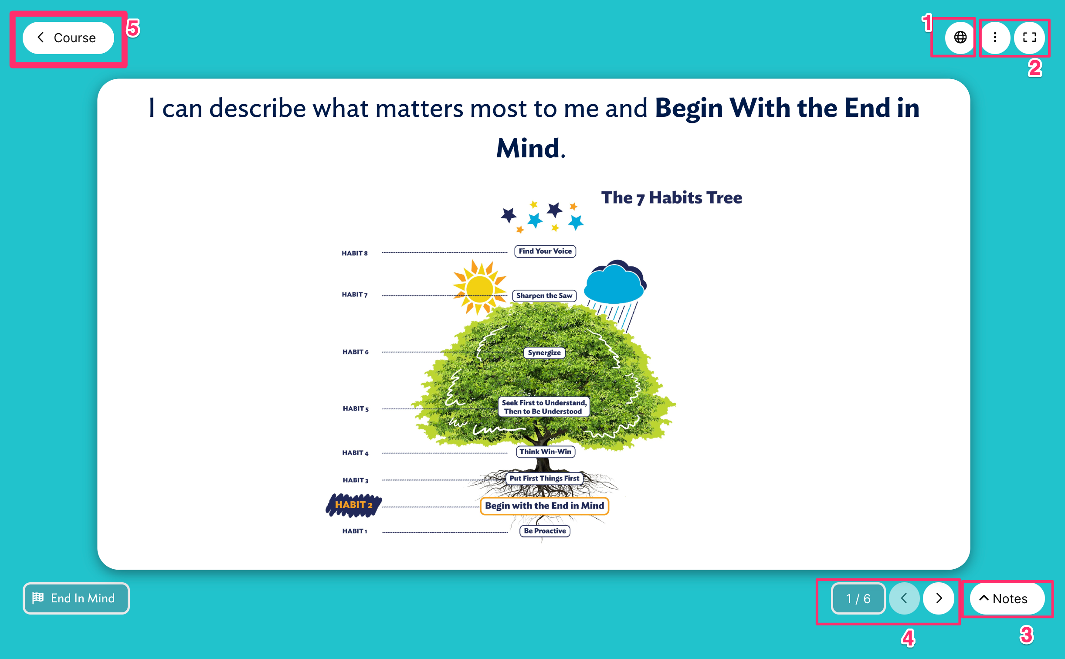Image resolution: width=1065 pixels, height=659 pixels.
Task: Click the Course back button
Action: pos(68,38)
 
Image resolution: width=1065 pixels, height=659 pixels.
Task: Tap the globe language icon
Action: pos(960,37)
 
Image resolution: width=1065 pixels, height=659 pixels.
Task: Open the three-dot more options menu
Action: pos(995,37)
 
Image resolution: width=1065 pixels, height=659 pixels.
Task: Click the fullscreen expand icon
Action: pos(1029,37)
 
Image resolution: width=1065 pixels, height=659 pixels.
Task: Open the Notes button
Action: pos(1007,598)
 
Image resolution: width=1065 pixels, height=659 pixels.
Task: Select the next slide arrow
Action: pos(939,598)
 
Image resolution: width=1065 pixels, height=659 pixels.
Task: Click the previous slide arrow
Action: pos(904,598)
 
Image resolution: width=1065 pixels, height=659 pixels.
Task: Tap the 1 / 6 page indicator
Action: pos(858,598)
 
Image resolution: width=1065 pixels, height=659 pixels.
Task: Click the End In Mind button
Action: pos(76,598)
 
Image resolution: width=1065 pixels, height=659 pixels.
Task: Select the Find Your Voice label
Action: pos(545,251)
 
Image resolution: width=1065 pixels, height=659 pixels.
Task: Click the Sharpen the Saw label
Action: pos(544,296)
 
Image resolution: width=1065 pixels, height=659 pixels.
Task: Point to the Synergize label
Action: pos(544,353)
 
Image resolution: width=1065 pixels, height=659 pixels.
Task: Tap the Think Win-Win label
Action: pos(545,452)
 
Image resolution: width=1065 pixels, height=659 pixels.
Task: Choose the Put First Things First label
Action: pos(544,479)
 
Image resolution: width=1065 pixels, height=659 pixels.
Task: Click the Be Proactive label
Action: pos(545,531)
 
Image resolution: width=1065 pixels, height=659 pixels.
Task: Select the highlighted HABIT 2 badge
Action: pos(354,505)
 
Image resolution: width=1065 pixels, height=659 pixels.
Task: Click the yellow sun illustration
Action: pos(479,288)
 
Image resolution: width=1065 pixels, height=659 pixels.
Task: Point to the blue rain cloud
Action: pos(614,283)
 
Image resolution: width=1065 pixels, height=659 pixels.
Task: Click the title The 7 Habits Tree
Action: pos(672,198)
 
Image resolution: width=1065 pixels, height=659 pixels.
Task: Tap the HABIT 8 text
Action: pos(355,253)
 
